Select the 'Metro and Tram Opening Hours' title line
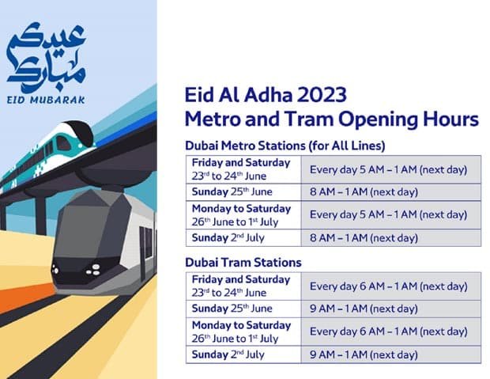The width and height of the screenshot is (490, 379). pyautogui.click(x=331, y=119)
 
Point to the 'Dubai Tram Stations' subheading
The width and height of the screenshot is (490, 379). pyautogui.click(x=243, y=262)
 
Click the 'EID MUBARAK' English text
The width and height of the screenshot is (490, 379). pyautogui.click(x=45, y=100)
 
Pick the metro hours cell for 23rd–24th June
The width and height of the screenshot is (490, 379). pyautogui.click(x=388, y=169)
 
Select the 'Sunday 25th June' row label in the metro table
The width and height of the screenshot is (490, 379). pyautogui.click(x=228, y=192)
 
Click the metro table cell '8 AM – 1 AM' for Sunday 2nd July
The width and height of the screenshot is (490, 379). pyautogui.click(x=364, y=237)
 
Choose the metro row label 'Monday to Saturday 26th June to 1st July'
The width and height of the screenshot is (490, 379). pyautogui.click(x=241, y=214)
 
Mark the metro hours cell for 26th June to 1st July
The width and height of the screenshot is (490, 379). pyautogui.click(x=388, y=214)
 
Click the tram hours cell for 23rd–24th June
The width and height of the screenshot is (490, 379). pyautogui.click(x=388, y=286)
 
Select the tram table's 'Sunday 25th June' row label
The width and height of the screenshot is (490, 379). pyautogui.click(x=228, y=309)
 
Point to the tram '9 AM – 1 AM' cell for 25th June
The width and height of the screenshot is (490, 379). pyautogui.click(x=364, y=309)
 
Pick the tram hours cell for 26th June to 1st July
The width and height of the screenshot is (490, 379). pyautogui.click(x=388, y=332)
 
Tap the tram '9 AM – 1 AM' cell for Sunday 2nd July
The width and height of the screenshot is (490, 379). pyautogui.click(x=364, y=354)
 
